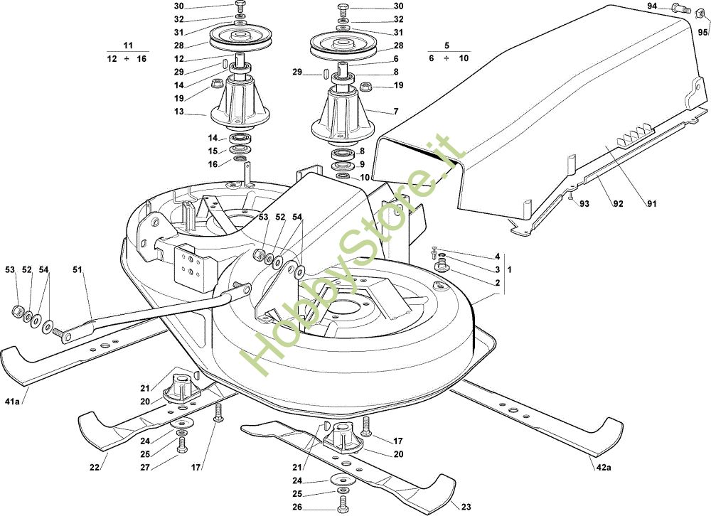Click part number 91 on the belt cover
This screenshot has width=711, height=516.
coord(651,203)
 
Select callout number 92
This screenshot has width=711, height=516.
coord(618,203)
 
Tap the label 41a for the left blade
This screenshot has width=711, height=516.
coord(12,401)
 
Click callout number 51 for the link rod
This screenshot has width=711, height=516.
coord(77,270)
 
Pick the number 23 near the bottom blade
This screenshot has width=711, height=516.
coord(466,507)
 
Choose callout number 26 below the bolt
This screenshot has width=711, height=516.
coord(297,507)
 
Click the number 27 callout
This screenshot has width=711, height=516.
coord(144,468)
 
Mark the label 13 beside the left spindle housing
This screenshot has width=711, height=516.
coord(178,112)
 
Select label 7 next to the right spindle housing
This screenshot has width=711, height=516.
coord(396,112)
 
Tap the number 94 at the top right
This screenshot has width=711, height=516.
coord(652,6)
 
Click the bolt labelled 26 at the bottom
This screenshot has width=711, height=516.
coord(343,503)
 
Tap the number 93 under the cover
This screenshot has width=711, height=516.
coord(584,203)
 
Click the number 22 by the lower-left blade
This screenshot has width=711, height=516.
coord(94,468)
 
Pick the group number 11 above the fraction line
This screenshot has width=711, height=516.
coord(128,45)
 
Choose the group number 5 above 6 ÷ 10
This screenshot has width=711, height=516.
coord(447,45)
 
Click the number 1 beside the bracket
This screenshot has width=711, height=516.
coord(509,270)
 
